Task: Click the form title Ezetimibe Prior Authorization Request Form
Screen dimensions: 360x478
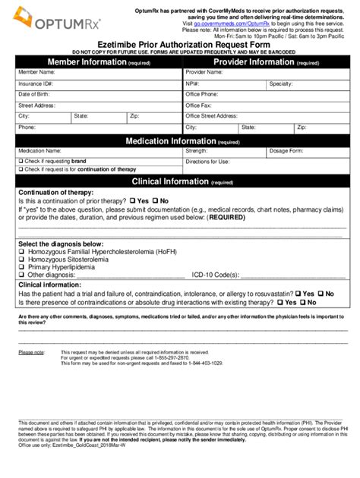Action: point(179,44)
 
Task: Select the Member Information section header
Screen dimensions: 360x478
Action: point(98,61)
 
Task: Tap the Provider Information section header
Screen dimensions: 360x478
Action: point(266,61)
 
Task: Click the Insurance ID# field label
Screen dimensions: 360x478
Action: point(36,83)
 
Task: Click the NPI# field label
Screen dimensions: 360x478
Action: point(193,83)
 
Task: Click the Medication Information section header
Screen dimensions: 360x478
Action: point(179,141)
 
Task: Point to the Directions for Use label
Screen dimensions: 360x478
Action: point(207,162)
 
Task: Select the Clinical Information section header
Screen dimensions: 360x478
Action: point(179,182)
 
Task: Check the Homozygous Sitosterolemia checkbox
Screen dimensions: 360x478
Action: point(21,259)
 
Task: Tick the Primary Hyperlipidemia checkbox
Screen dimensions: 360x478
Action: point(21,266)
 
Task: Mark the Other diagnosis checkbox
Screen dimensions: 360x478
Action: point(21,275)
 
